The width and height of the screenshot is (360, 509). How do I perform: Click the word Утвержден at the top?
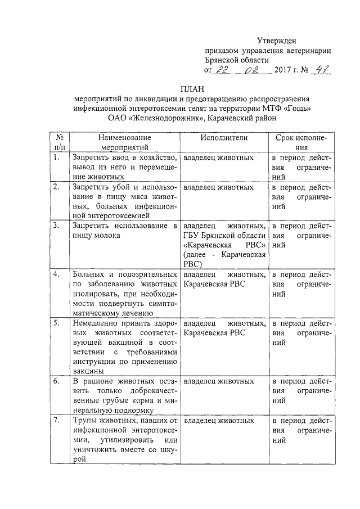point(276,40)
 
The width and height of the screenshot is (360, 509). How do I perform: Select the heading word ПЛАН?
point(191,88)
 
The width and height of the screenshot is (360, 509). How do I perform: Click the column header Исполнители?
point(223,138)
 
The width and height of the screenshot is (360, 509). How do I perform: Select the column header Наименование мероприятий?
point(124,142)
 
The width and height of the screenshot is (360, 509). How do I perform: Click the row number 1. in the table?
point(56,158)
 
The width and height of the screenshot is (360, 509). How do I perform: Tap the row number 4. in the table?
point(56,274)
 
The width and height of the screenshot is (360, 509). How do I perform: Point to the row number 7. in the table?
point(56,420)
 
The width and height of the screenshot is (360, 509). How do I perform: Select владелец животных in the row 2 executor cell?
point(218,187)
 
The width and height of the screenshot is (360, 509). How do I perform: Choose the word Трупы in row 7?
point(84,420)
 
